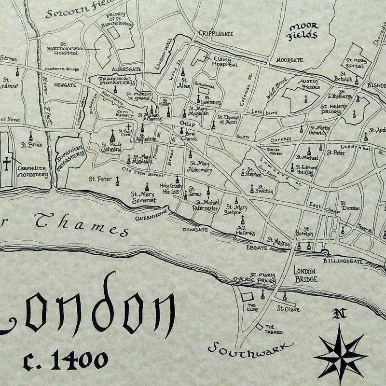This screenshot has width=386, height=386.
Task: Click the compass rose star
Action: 341,354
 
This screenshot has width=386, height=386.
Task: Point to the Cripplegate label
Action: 216,33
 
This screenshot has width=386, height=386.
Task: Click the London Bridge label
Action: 305,276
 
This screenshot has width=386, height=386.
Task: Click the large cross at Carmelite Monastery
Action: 7,163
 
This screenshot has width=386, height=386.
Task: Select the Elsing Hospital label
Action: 224,61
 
